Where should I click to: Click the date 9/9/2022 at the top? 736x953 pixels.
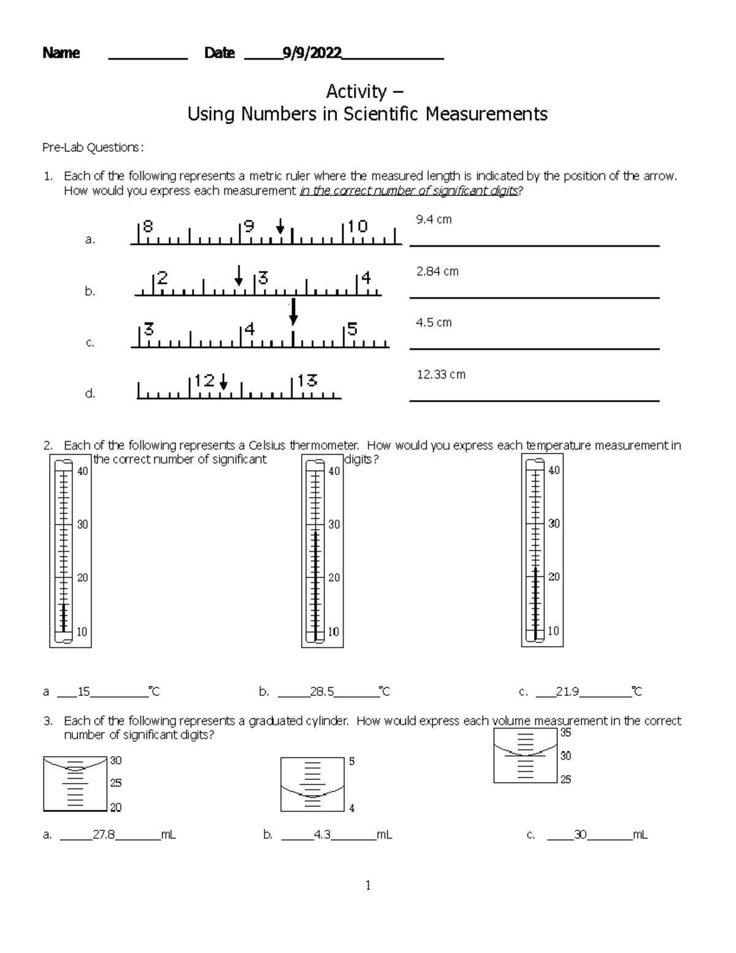[x=312, y=53]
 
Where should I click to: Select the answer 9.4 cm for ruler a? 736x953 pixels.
[x=434, y=219]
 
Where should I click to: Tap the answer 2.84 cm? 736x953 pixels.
[x=437, y=271]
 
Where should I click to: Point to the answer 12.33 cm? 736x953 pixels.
[x=441, y=374]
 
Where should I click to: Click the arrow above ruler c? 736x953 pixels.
[x=293, y=311]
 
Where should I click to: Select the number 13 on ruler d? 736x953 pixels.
[x=307, y=381]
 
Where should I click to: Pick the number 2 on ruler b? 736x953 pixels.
[x=163, y=278]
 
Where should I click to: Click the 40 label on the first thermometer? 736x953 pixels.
[x=82, y=471]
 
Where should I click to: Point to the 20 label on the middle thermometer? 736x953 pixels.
[x=334, y=577]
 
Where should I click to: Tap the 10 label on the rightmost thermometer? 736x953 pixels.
[x=553, y=631]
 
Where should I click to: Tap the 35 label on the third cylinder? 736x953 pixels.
[x=565, y=733]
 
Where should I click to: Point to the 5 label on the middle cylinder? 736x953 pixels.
[x=351, y=762]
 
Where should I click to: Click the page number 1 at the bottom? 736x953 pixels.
[x=368, y=885]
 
